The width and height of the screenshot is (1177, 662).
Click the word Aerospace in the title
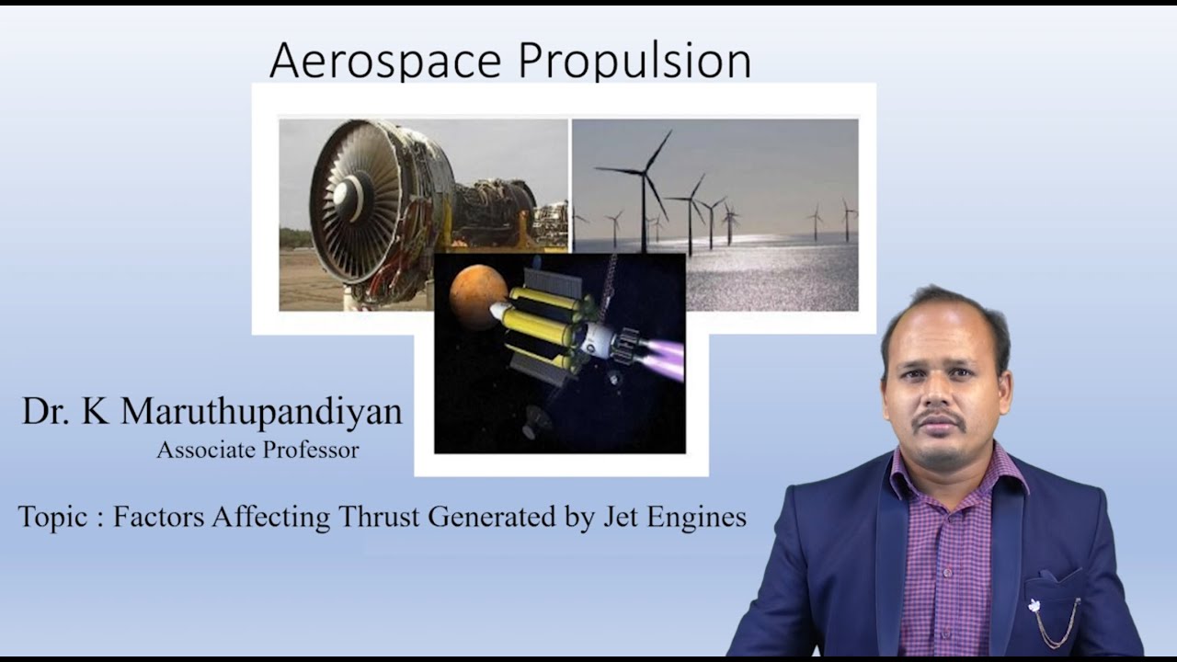pyautogui.click(x=387, y=61)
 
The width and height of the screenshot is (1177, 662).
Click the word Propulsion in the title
pyautogui.click(x=634, y=63)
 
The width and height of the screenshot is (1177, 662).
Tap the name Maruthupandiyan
pyautogui.click(x=261, y=412)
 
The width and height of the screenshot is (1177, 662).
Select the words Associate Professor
pyautogui.click(x=257, y=450)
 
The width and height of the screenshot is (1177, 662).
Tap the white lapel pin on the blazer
pyautogui.click(x=1034, y=605)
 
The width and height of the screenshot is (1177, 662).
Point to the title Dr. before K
pyautogui.click(x=46, y=412)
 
